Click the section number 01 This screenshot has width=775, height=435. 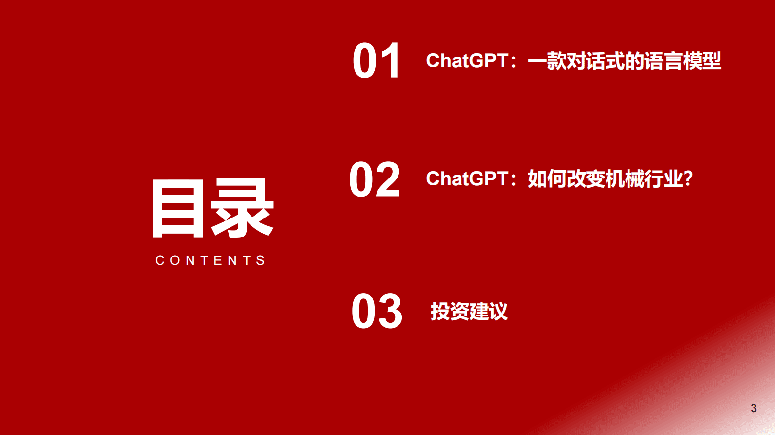[x=377, y=60]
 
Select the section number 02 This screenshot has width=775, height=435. [x=375, y=180]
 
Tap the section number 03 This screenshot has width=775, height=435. [x=377, y=312]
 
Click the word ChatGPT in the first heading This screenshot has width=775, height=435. [x=467, y=61]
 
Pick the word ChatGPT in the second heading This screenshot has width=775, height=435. [x=467, y=179]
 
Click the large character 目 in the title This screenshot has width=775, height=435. [x=178, y=209]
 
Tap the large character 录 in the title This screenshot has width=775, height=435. [x=243, y=209]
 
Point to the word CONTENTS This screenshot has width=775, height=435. [x=210, y=260]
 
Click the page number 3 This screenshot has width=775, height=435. [x=754, y=408]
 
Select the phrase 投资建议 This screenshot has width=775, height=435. [x=469, y=312]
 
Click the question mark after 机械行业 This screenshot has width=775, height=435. [x=688, y=179]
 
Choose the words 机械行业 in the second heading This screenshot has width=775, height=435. [x=644, y=179]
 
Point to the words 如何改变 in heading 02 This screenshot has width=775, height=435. [x=566, y=179]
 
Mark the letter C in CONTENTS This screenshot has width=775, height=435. [x=160, y=260]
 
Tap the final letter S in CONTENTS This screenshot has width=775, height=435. [x=261, y=260]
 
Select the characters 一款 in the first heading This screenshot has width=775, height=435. [x=547, y=61]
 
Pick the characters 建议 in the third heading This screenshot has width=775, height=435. [x=488, y=312]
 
